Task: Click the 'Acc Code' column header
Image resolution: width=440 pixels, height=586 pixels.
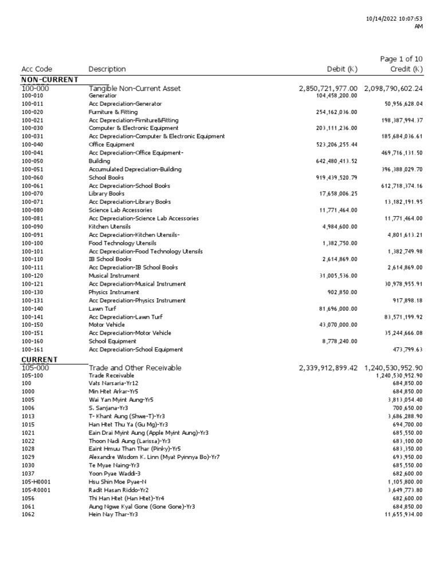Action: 37,69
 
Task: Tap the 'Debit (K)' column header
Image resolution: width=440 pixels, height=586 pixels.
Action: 341,69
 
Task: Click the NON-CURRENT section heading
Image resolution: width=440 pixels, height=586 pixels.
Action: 49,80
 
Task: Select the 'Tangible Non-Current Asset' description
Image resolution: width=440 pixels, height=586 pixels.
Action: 135,88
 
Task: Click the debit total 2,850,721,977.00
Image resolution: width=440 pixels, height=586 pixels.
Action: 328,88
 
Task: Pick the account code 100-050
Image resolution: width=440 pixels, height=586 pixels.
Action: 32,161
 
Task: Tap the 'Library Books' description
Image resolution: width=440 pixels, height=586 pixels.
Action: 107,194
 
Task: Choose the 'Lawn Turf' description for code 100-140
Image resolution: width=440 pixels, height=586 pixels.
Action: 102,308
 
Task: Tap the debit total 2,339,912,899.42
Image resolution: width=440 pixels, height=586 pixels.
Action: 328,367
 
